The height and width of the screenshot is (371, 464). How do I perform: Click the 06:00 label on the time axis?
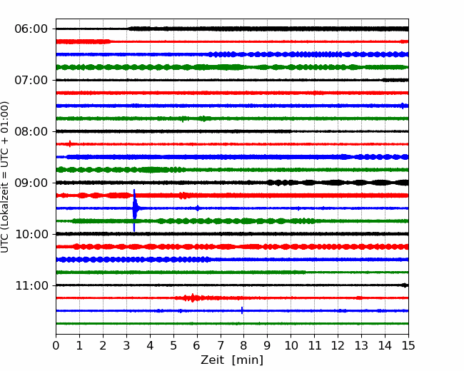point(31,29)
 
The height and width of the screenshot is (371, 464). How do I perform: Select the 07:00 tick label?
point(31,80)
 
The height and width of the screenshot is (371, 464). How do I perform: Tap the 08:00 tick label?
point(31,131)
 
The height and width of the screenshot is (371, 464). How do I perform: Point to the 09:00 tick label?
point(31,183)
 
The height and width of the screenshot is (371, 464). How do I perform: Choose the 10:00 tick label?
point(31,234)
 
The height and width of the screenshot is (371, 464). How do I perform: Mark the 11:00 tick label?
point(31,285)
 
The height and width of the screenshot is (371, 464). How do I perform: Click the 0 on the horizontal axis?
point(56,345)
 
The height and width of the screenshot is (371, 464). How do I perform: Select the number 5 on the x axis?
point(173,345)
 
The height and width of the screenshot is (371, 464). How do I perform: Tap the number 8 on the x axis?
point(244,345)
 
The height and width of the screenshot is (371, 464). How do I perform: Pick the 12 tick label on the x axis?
point(338,345)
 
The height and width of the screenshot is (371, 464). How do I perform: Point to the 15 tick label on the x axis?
point(408,345)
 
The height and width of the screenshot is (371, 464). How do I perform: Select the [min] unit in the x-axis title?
point(248,360)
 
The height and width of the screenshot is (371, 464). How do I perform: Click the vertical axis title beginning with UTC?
point(5,177)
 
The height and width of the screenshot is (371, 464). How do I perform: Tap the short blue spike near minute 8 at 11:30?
point(242,310)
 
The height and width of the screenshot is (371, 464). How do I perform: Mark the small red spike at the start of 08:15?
point(70,144)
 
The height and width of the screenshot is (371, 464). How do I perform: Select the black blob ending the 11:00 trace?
point(405,285)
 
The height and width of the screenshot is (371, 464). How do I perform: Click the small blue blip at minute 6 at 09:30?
point(198,208)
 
